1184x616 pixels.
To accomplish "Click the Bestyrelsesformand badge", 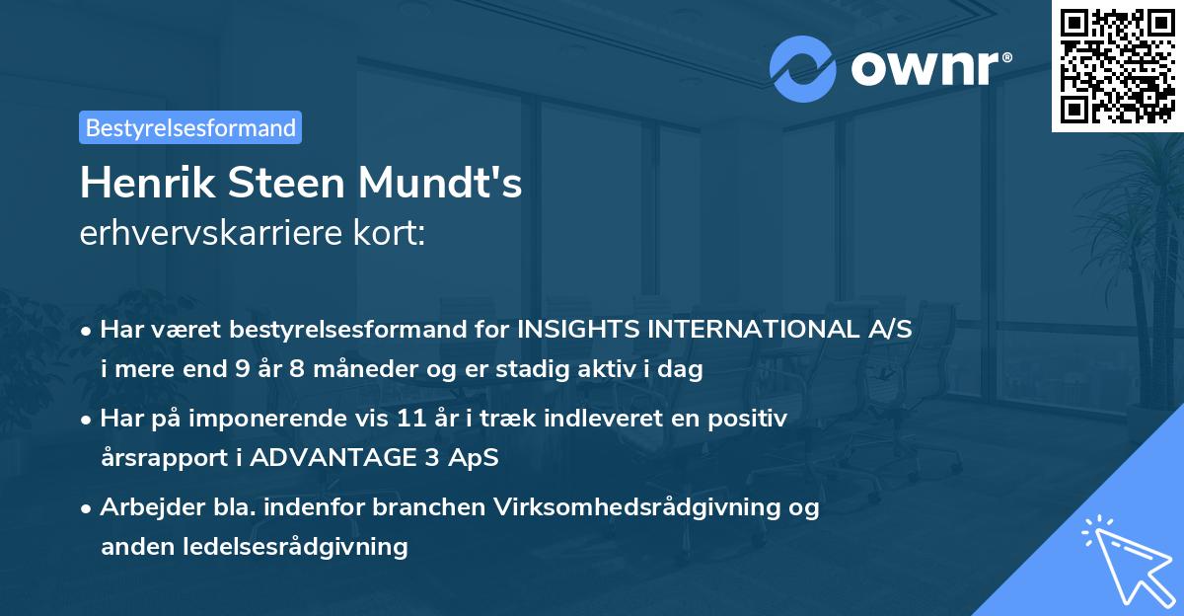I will point(190,127).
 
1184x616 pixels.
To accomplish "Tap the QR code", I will point(1117,65).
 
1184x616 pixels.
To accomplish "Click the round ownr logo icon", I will point(803,69).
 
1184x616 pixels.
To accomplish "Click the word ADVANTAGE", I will point(364,458).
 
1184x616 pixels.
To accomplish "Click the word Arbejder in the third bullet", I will point(145,507).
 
